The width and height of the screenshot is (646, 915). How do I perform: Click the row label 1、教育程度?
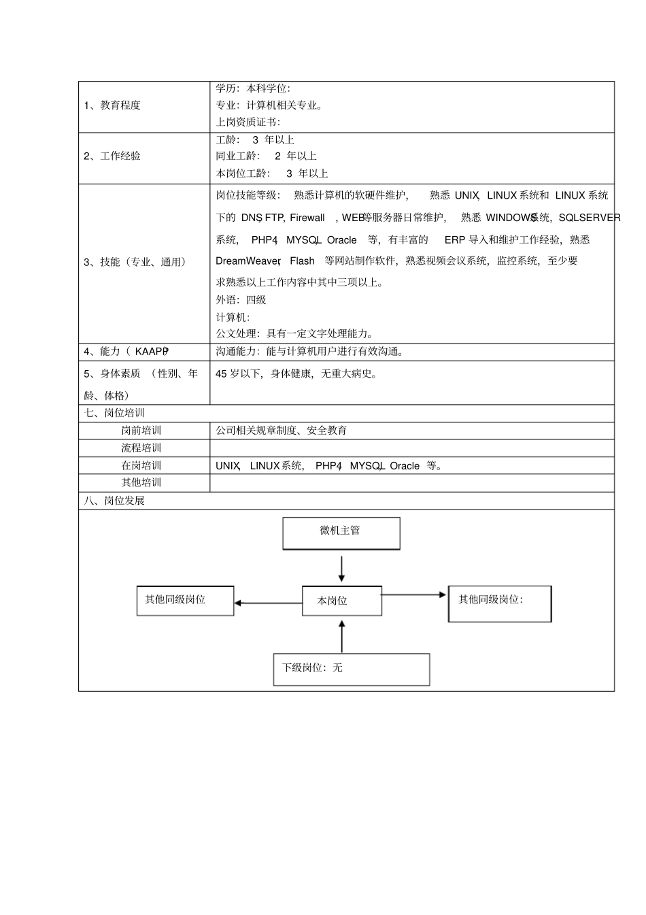(x=112, y=105)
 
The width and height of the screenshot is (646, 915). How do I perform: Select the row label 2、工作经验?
(x=112, y=156)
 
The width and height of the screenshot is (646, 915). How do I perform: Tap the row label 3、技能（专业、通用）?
(x=135, y=262)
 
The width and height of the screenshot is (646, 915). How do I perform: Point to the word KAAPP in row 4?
(x=151, y=352)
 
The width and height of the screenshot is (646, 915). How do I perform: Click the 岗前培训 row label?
(x=141, y=431)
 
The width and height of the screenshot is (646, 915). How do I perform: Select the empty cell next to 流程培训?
(x=411, y=448)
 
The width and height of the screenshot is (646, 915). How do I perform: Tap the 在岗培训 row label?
(x=141, y=466)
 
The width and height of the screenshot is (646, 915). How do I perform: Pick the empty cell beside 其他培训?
(x=411, y=483)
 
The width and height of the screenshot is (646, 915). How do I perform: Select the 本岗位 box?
(x=341, y=601)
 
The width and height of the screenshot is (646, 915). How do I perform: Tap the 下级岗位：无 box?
(x=351, y=669)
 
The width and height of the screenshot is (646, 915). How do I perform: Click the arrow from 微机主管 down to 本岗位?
(x=341, y=569)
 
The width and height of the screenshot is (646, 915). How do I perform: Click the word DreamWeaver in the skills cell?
(x=248, y=261)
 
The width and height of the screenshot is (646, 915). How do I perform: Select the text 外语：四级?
(x=241, y=300)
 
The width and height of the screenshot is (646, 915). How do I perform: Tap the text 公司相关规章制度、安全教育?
(x=282, y=431)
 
